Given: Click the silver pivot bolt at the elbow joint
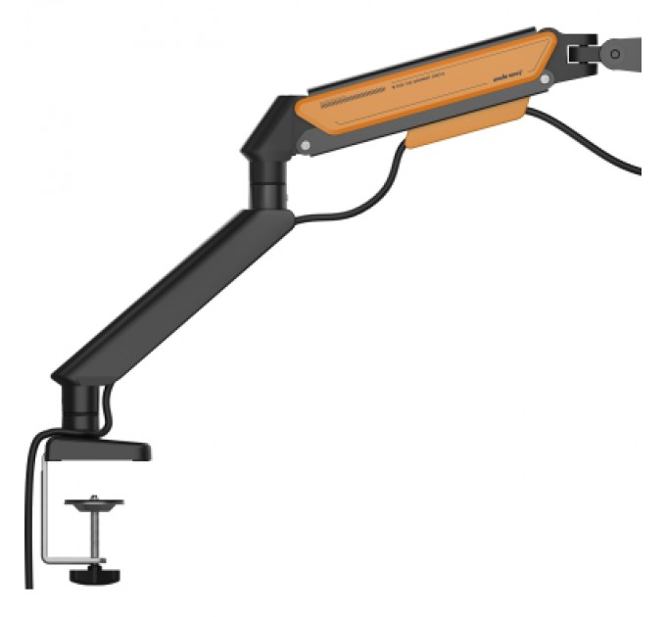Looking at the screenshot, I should tap(308, 146).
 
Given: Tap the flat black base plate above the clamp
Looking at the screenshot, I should tap(98, 450).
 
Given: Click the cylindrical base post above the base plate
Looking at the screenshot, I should tap(80, 406).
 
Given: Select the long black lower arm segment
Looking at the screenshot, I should tap(176, 294).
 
